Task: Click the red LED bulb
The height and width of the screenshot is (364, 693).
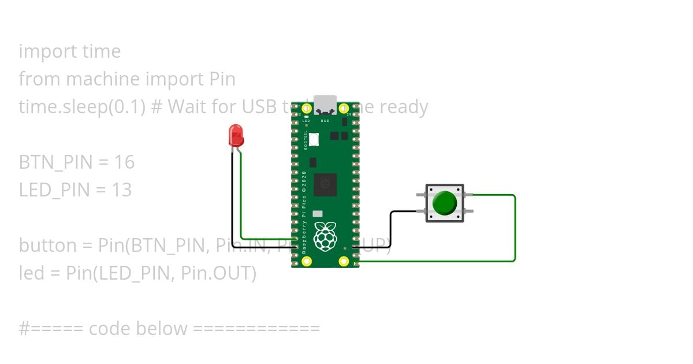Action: point(236,135)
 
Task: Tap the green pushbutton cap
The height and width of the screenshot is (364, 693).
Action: point(444,203)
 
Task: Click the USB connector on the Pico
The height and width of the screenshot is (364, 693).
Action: point(325,104)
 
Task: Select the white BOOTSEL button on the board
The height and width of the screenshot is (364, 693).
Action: point(314,139)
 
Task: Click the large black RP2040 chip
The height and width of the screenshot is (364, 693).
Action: point(325,184)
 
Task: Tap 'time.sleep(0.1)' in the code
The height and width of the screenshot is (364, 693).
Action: point(81,107)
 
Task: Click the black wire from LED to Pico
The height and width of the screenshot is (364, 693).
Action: point(233,202)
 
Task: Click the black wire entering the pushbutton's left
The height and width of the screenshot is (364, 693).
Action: point(392,228)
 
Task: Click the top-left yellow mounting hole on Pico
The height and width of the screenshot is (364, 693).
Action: point(306,108)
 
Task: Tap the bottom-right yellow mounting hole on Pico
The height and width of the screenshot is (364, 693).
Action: point(344,261)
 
